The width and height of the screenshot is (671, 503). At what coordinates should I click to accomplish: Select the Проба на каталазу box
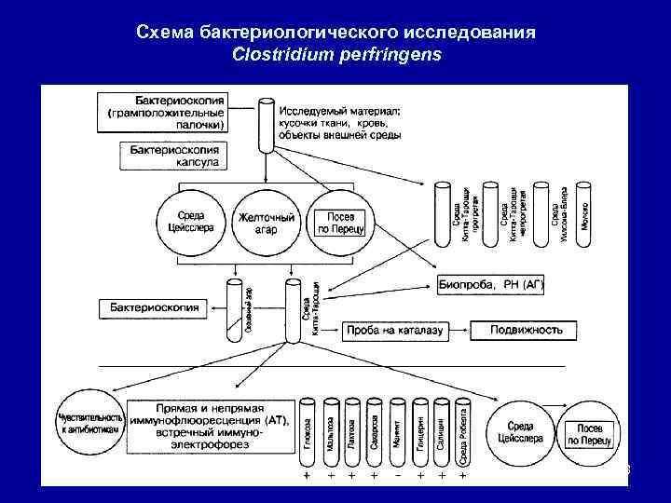[395, 331]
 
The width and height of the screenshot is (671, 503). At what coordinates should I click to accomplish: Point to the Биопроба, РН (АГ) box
[490, 284]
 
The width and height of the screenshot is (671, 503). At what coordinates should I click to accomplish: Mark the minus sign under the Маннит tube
[398, 475]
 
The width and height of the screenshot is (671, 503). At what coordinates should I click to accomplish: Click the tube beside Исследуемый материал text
[265, 121]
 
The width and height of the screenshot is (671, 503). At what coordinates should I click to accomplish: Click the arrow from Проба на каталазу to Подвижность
[459, 331]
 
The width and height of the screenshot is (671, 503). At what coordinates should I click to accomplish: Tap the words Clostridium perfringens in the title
[335, 54]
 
